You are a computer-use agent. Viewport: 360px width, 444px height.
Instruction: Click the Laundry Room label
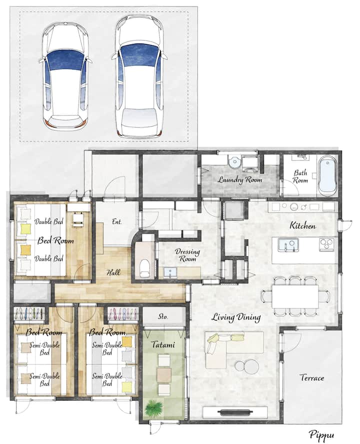(240, 179)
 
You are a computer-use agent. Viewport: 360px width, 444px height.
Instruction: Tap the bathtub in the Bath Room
(327, 174)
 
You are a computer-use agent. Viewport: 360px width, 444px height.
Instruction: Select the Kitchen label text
(302, 225)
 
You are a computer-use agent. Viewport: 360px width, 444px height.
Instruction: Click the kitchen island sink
(288, 245)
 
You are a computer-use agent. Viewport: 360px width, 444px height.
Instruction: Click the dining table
(295, 296)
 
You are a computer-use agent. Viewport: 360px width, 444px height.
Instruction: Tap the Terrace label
(312, 377)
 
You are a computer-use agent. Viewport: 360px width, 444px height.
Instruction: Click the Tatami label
(163, 344)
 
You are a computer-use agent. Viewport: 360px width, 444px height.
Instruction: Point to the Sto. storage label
(163, 316)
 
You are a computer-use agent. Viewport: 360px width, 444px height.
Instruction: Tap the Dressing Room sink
(170, 272)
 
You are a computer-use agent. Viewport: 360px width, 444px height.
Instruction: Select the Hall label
(113, 272)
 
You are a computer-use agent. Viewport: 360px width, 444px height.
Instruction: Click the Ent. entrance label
(116, 221)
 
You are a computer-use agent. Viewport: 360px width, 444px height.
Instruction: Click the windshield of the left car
(65, 60)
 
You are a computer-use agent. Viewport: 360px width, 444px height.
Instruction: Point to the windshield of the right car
(139, 54)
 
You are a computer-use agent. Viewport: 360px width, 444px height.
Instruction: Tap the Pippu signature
(321, 435)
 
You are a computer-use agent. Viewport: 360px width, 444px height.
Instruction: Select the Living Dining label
(236, 317)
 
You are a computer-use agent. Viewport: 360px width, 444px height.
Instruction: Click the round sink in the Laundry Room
(234, 162)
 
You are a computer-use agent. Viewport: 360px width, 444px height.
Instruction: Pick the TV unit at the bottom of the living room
(235, 412)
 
